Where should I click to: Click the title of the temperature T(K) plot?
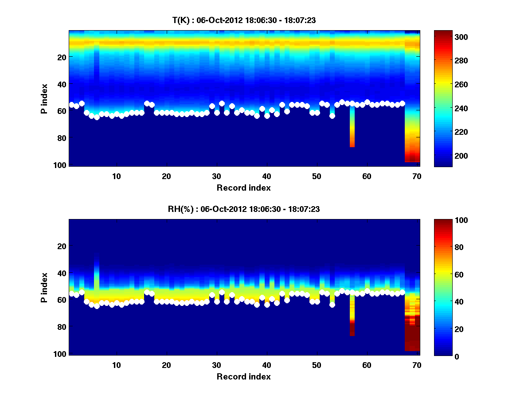tap(243, 20)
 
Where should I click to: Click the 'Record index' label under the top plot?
tap(243, 188)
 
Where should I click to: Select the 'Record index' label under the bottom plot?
tap(243, 377)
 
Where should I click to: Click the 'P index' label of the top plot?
tap(44, 98)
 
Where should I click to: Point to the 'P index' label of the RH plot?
tap(44, 287)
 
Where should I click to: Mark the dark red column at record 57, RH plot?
tap(352, 329)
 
